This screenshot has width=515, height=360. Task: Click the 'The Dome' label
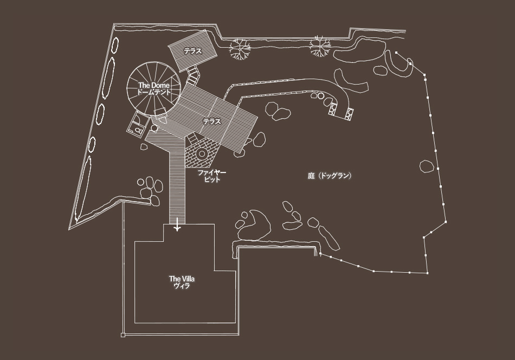pyautogui.click(x=154, y=86)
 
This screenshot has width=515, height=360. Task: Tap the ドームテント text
pyautogui.click(x=154, y=92)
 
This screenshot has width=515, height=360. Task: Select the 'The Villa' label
pyautogui.click(x=182, y=279)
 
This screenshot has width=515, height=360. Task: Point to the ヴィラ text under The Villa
pyautogui.click(x=182, y=286)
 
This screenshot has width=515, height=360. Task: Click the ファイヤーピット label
pyautogui.click(x=212, y=176)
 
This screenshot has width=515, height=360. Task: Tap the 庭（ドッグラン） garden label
pyautogui.click(x=330, y=176)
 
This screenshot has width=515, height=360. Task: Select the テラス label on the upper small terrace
pyautogui.click(x=193, y=52)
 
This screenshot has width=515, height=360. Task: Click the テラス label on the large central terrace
pyautogui.click(x=212, y=121)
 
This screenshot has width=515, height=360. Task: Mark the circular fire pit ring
pyautogui.click(x=202, y=153)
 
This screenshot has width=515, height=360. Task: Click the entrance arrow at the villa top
pyautogui.click(x=177, y=224)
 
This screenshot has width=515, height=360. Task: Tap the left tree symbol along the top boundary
pyautogui.click(x=240, y=49)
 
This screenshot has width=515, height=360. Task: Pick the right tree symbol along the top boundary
pyautogui.click(x=319, y=46)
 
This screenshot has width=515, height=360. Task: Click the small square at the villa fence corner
pyautogui.click(x=123, y=335)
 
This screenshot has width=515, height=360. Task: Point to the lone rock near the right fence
pyautogui.click(x=427, y=166)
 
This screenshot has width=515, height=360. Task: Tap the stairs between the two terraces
pyautogui.click(x=193, y=75)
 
